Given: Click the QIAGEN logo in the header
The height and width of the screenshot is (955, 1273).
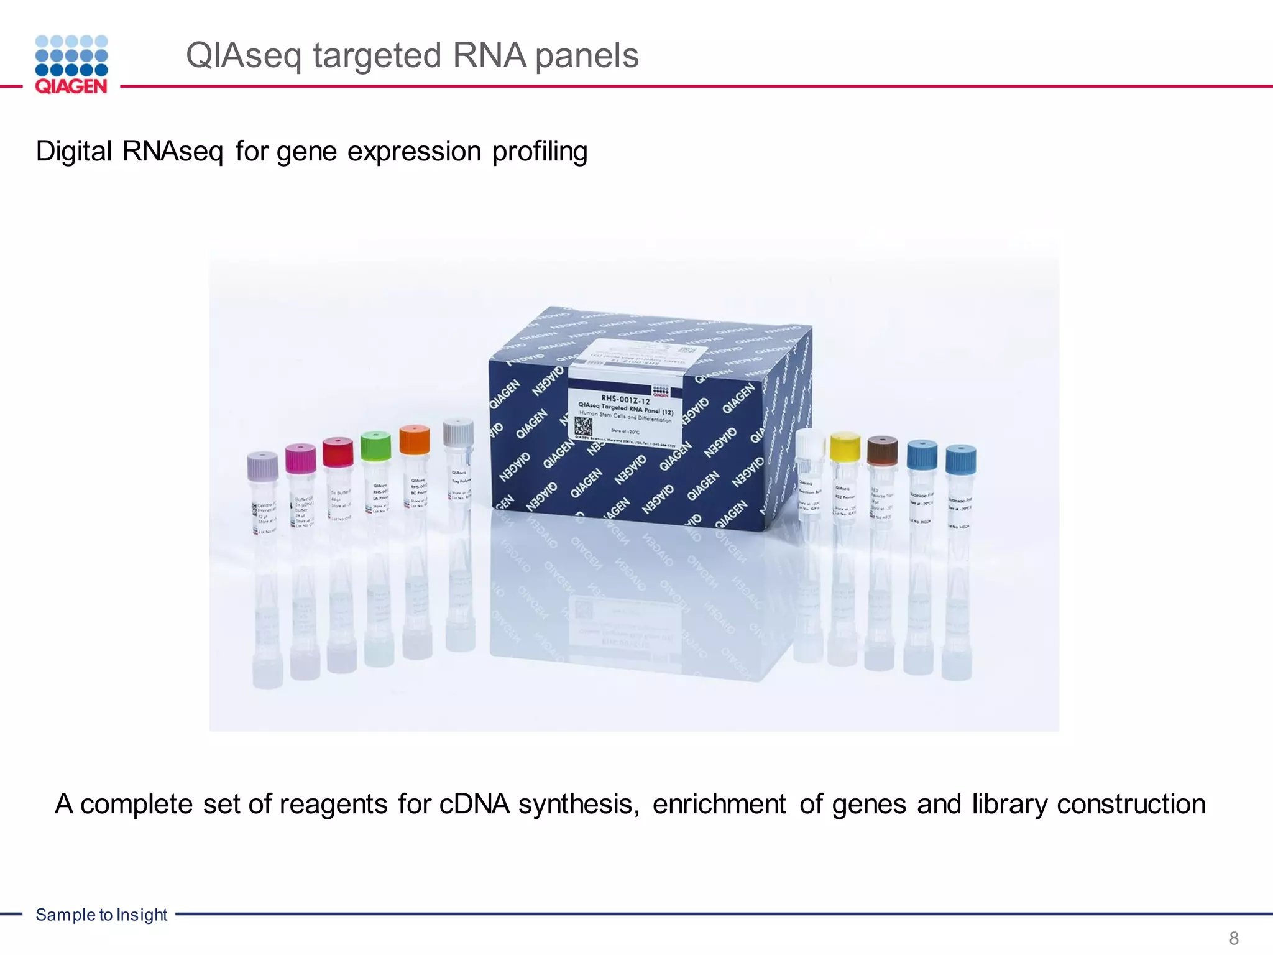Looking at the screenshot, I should click(71, 65).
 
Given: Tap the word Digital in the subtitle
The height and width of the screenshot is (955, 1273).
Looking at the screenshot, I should click(74, 151).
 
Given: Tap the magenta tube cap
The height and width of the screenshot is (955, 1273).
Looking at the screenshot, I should click(301, 458).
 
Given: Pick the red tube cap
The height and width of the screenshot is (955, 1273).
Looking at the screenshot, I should click(338, 451).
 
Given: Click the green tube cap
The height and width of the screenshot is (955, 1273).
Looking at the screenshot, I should click(375, 445).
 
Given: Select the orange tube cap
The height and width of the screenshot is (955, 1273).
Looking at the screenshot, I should click(414, 439).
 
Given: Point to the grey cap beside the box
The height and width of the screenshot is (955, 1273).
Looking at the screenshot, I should click(458, 432).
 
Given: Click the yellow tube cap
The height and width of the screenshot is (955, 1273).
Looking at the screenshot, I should click(845, 446).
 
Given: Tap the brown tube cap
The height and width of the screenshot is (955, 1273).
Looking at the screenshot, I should click(882, 451).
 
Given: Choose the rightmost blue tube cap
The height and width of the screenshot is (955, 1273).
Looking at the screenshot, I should click(960, 459).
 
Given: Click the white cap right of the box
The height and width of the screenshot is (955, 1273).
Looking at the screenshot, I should click(810, 443).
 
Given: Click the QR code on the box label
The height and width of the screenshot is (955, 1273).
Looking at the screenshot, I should click(582, 426).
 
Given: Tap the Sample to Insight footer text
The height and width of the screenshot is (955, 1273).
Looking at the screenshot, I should click(101, 915).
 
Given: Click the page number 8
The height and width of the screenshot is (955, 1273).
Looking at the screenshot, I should click(1234, 938).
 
